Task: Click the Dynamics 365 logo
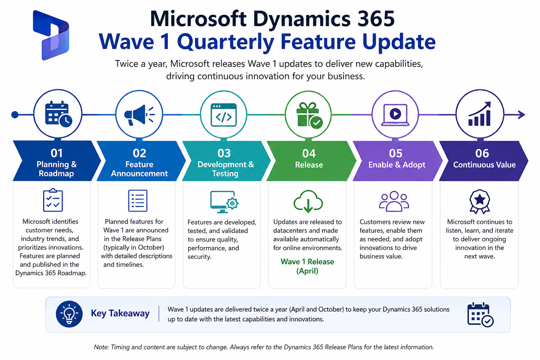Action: pos(51,35)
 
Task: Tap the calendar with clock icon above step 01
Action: pos(58,114)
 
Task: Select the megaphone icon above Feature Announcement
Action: pos(139,115)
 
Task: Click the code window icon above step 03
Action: pos(224,115)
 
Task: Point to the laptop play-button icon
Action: pos(395,115)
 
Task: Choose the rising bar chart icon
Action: pos(480,114)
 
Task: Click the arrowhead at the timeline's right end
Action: pos(521,115)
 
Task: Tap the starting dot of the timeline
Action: pos(15,115)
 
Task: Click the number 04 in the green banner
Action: pos(309,153)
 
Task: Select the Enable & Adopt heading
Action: pos(397,165)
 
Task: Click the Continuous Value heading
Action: pos(484,165)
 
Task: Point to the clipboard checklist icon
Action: pos(53,200)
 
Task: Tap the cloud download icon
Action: pos(308,201)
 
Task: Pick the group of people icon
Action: pos(394,201)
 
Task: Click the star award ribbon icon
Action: pos(480,201)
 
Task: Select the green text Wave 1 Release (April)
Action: pos(307,266)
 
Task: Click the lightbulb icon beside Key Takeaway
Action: pos(69,314)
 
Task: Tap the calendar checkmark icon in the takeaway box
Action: pos(480,314)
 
